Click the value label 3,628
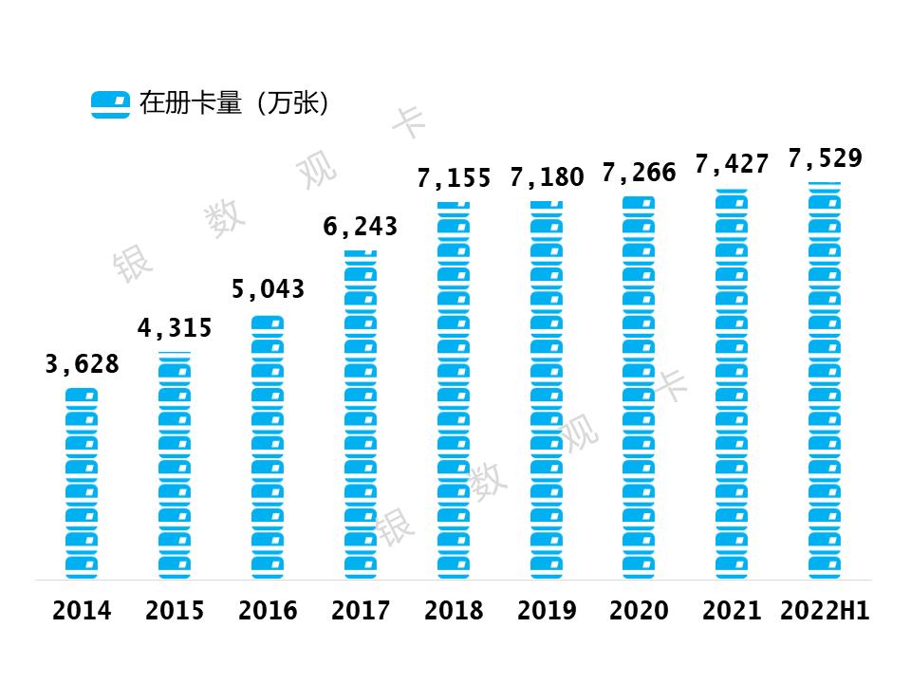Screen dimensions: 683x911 tap(83, 363)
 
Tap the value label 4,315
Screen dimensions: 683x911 tap(175, 328)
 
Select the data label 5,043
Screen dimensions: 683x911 tap(268, 288)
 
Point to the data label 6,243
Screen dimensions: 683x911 tap(361, 227)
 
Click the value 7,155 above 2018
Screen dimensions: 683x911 tap(454, 177)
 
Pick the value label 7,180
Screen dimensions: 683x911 tap(547, 176)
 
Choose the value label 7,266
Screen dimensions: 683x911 tap(640, 173)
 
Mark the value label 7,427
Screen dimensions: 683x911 tap(732, 164)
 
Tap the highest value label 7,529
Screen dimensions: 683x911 tap(825, 158)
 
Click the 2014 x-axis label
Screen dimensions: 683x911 tap(82, 611)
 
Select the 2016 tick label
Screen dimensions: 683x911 tap(268, 611)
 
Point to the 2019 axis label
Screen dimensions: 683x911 tap(547, 611)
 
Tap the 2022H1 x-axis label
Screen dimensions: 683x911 tap(825, 611)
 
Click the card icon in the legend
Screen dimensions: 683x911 tap(110, 104)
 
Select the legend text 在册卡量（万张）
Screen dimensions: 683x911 tap(234, 103)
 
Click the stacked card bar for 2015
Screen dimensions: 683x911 tap(175, 465)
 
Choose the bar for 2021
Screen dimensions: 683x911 tap(732, 384)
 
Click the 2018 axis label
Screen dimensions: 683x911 tap(454, 611)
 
